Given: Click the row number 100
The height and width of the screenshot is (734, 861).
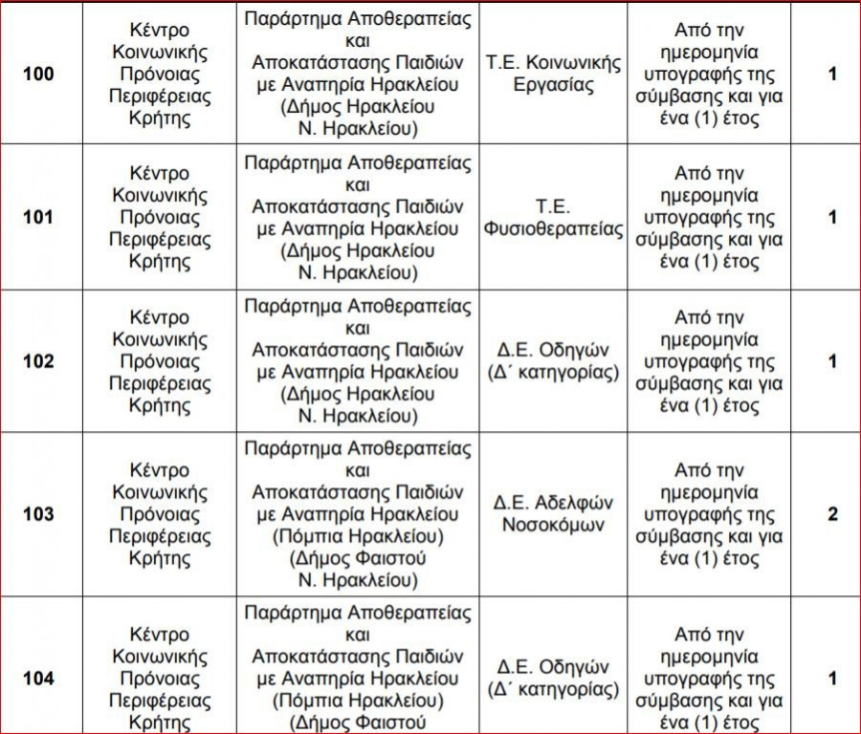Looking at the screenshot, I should (x=38, y=74).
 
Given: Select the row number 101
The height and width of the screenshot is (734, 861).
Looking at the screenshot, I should (x=38, y=217).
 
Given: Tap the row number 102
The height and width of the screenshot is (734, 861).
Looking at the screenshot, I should (x=38, y=361).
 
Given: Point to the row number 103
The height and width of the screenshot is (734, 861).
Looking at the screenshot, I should (x=38, y=514).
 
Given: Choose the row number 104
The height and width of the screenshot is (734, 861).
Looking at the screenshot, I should (x=38, y=678).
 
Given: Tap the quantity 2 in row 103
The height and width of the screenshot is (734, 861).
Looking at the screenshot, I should (x=832, y=514).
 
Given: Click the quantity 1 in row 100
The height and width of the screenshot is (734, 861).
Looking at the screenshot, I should (x=832, y=74).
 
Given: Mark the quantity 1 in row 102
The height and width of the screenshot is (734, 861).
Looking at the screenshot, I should (x=832, y=361).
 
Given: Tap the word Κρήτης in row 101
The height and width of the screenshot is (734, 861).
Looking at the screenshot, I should (x=160, y=262).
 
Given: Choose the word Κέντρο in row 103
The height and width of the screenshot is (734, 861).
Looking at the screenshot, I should (x=160, y=470).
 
